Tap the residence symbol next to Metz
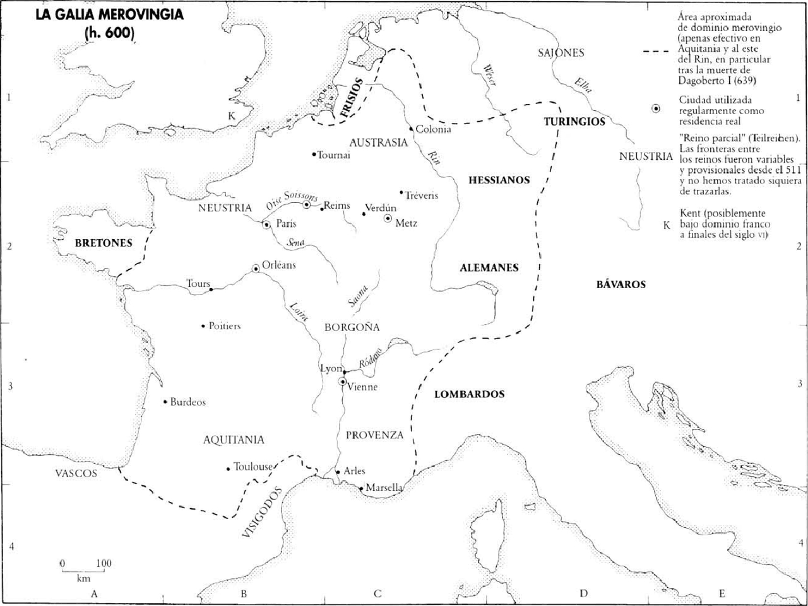coord(388,218)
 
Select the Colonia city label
coord(434,129)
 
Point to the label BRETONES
coord(103,242)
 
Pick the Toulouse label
coord(253,467)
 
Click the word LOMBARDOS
coord(470,394)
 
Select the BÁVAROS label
coord(621,284)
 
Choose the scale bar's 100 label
coord(104,562)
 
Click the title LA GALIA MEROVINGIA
coord(109,15)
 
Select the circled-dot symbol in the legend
coord(656,110)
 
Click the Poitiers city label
coord(225,326)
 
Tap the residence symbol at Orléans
coord(256,269)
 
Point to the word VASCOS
coord(76,473)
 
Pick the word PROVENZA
coord(374,435)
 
